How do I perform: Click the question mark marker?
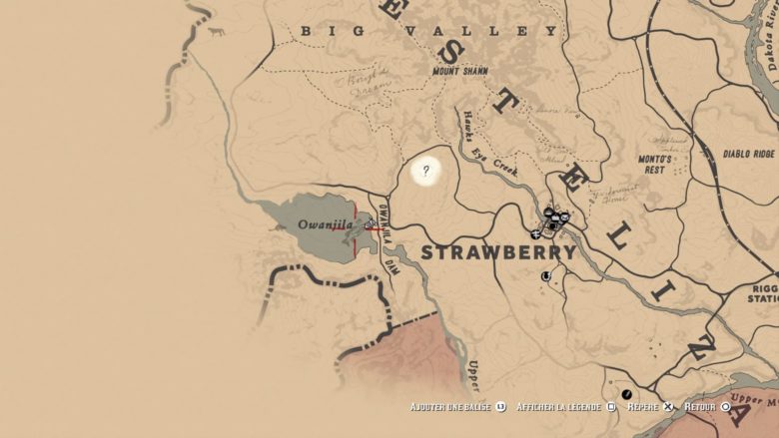click(426, 171)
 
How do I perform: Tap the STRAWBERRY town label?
click(498, 252)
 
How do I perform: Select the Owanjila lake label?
click(326, 224)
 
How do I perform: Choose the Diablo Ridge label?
click(748, 155)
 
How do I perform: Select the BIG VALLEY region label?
click(429, 31)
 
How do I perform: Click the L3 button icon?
click(500, 407)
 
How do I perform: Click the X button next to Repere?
click(668, 407)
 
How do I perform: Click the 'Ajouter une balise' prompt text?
click(450, 407)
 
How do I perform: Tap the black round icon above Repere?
click(627, 394)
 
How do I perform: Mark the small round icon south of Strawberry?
click(546, 276)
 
